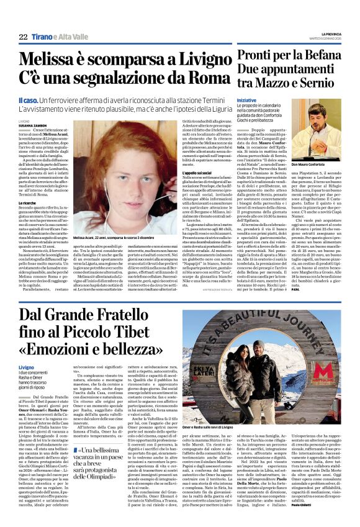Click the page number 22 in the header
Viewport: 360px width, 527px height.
(23, 37)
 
